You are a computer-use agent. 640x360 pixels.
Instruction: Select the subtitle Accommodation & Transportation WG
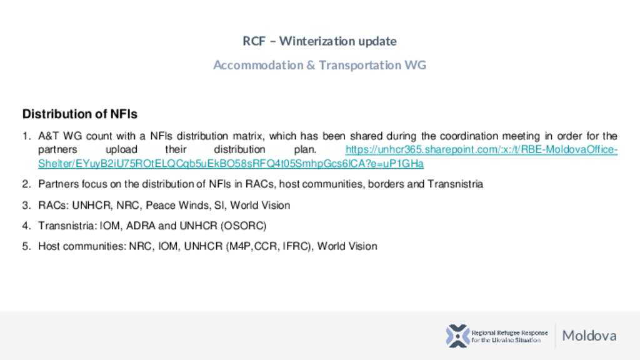(x=319, y=65)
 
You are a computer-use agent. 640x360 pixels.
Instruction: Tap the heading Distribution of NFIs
(x=80, y=114)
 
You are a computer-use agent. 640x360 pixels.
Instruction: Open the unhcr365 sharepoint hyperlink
(x=327, y=157)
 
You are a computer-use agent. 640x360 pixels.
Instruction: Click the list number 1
(x=26, y=136)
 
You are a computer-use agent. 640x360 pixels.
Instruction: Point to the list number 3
(x=26, y=205)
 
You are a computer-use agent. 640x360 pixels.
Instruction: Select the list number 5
(x=26, y=246)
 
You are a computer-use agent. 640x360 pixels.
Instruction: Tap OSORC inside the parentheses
(x=243, y=226)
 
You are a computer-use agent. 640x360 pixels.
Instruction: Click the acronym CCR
(x=266, y=246)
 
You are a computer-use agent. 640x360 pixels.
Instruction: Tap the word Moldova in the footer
(x=589, y=336)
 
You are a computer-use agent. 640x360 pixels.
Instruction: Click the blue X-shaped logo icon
(x=457, y=336)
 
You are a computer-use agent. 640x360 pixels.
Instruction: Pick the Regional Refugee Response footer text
(x=509, y=336)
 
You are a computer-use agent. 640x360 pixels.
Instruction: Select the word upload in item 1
(x=122, y=150)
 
